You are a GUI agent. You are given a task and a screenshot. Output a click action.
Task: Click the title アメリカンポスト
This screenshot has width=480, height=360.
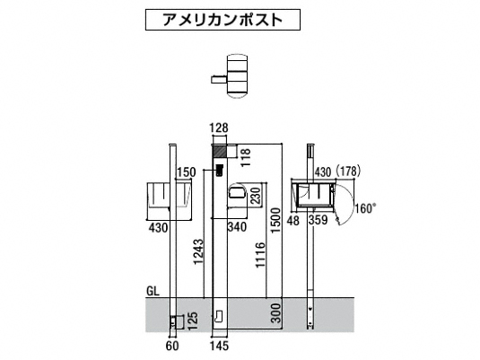(x=223, y=20)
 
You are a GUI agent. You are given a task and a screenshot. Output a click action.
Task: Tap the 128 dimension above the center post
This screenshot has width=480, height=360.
(x=220, y=128)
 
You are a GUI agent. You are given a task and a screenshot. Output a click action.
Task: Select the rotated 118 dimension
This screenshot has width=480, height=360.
(x=246, y=157)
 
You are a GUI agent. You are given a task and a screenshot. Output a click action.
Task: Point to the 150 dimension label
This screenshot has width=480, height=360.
(x=187, y=172)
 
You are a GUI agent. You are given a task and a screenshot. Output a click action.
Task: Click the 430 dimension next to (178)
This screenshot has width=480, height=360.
(x=323, y=172)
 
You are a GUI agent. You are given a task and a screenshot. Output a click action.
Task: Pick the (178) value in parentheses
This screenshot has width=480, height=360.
(x=348, y=171)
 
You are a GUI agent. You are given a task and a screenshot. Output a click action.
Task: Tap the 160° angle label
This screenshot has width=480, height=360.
(x=365, y=208)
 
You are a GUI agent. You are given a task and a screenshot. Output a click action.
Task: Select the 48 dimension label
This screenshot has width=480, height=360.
(x=293, y=220)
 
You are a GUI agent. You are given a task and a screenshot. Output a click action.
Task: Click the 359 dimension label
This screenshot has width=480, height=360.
(x=318, y=220)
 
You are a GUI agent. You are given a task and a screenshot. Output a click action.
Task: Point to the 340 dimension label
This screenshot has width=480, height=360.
(x=237, y=227)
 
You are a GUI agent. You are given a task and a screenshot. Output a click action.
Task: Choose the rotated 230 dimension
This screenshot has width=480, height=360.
(x=256, y=195)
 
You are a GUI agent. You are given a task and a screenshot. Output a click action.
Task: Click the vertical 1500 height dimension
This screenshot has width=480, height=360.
(x=275, y=220)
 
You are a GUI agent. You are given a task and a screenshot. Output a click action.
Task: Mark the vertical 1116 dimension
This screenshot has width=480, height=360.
(x=260, y=255)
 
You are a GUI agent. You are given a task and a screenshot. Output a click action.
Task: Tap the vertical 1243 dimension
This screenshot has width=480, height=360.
(x=198, y=252)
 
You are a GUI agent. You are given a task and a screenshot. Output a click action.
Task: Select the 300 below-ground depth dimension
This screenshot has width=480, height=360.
(x=276, y=313)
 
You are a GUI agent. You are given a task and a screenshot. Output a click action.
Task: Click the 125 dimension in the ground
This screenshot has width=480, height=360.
(x=193, y=321)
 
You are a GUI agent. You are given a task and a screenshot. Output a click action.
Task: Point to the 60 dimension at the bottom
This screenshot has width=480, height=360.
(x=172, y=346)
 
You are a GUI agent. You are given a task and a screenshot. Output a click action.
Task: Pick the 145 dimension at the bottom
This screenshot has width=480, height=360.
(x=220, y=346)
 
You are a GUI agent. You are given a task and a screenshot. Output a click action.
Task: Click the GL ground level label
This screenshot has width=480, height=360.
(x=153, y=292)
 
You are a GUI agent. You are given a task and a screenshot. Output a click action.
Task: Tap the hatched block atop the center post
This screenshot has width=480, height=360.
(x=220, y=152)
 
